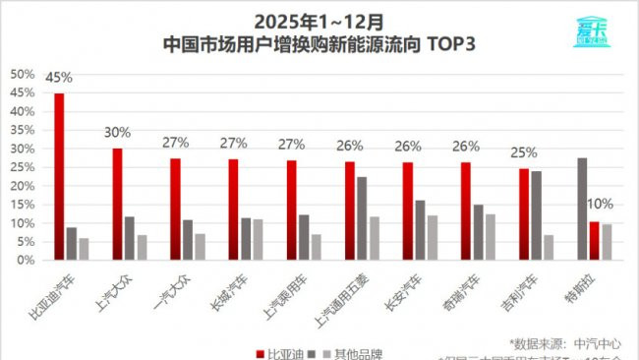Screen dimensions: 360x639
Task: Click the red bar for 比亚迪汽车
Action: click(x=59, y=176)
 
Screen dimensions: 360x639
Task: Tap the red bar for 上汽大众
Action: click(x=117, y=204)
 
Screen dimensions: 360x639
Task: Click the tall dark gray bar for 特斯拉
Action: click(x=582, y=209)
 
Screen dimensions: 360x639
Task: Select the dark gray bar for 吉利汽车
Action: click(x=536, y=215)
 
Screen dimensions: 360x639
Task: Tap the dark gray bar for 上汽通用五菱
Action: click(x=362, y=217)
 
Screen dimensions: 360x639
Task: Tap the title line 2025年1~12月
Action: click(x=319, y=21)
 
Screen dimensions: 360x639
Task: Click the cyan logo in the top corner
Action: click(x=594, y=30)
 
